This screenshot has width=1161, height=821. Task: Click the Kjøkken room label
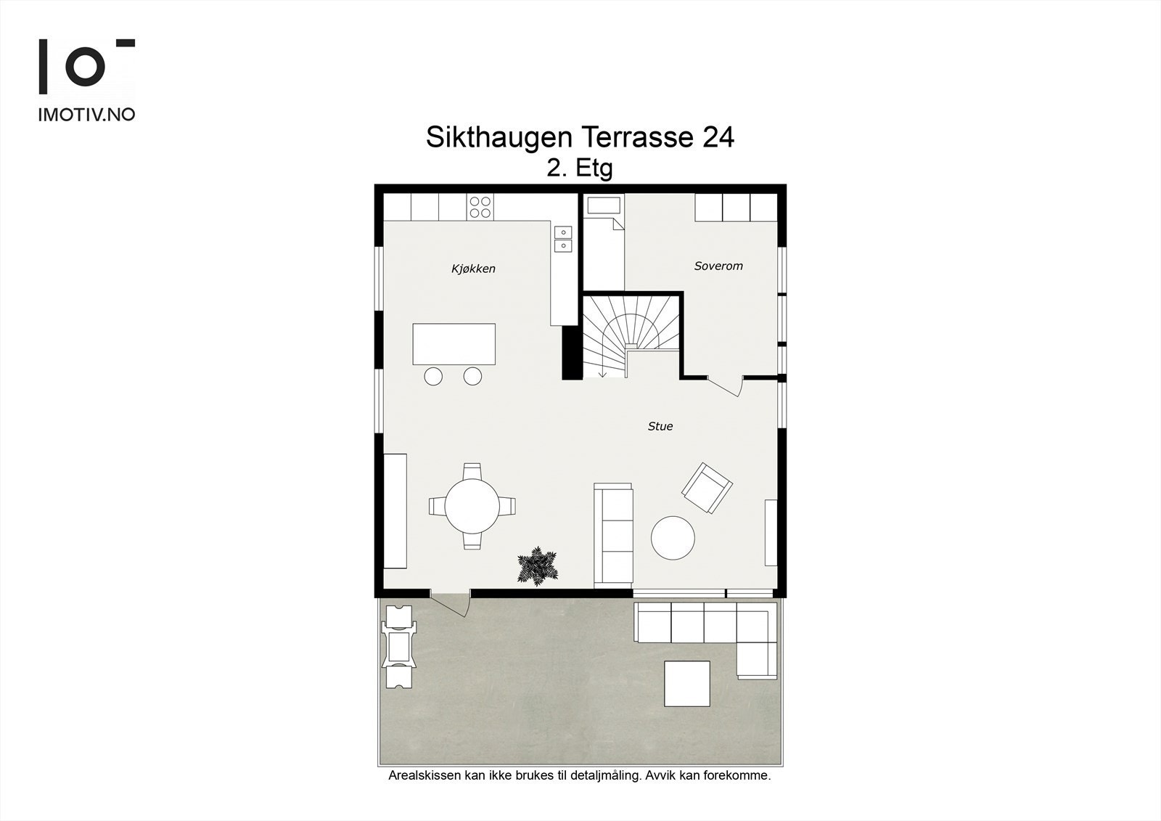473,269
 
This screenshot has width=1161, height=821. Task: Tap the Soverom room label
718,266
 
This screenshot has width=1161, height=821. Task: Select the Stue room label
660,426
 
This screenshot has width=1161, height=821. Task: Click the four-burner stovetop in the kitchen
480,207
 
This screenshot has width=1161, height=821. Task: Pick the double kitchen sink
563,239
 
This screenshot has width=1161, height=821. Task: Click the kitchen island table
454,344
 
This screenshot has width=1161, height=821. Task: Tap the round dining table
472,506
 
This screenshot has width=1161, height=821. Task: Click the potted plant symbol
538,566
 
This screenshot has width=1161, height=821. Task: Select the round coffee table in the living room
673,538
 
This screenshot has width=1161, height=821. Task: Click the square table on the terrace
687,683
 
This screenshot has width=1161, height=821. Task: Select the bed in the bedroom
604,243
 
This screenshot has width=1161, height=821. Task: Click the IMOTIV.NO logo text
86,114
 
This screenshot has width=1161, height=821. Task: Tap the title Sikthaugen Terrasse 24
580,137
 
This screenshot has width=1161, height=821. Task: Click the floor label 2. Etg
580,168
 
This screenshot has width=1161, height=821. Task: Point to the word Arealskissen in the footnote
424,775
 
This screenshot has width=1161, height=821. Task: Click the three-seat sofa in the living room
613,536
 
